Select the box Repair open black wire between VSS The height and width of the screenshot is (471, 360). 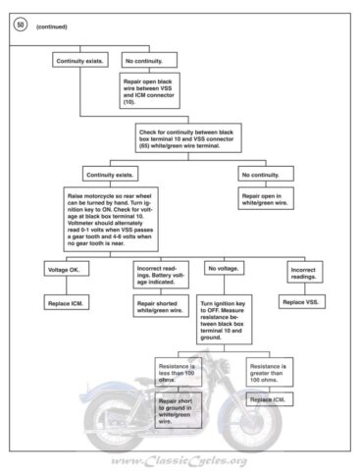[150, 90]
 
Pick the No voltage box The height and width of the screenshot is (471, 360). [219, 270]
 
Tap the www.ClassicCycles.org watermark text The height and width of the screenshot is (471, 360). [180, 459]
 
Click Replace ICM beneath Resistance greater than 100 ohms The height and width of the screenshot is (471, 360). [267, 400]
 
